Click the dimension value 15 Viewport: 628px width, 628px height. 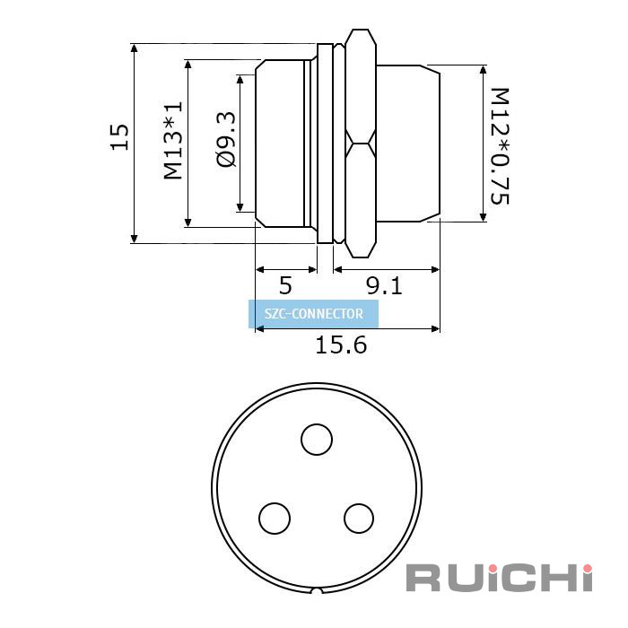click(x=119, y=137)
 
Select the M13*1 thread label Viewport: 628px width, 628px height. click(x=173, y=140)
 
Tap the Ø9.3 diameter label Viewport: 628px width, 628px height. click(x=226, y=139)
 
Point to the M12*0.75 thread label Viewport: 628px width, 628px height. click(x=500, y=145)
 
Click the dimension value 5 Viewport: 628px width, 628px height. click(x=285, y=285)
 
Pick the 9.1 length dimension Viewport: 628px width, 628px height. click(x=384, y=285)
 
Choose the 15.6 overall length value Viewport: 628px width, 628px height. click(x=341, y=345)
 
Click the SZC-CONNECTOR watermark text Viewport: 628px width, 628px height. click(x=314, y=314)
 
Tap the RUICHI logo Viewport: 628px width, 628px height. click(x=499, y=578)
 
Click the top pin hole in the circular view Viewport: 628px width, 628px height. click(x=317, y=440)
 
